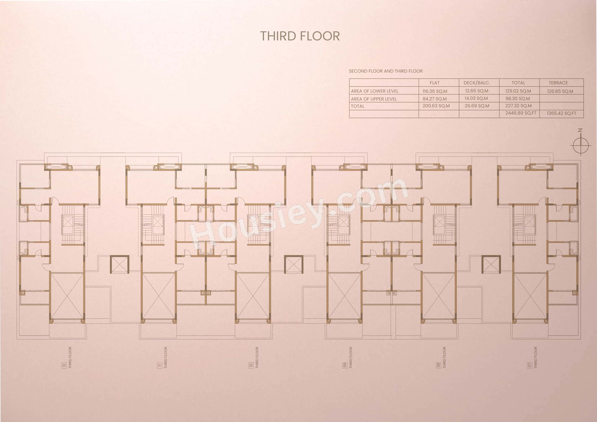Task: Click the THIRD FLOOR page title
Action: pos(300,36)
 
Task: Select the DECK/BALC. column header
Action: pos(477,83)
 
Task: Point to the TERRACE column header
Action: pos(558,83)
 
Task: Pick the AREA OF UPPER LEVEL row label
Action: pos(374,99)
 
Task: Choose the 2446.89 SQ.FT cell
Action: pos(520,113)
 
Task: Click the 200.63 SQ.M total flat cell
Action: pos(436,106)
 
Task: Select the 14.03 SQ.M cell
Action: pos(476,99)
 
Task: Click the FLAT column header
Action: pos(435,83)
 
